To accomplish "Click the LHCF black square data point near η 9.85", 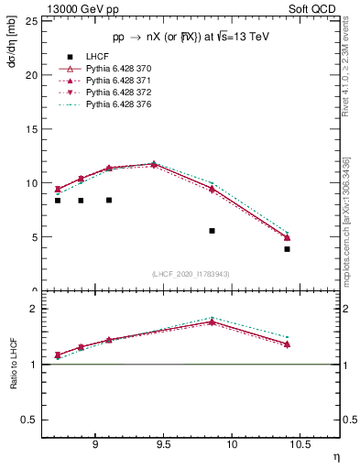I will point(212,231).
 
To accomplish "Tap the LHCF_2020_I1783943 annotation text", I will point(191,274).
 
